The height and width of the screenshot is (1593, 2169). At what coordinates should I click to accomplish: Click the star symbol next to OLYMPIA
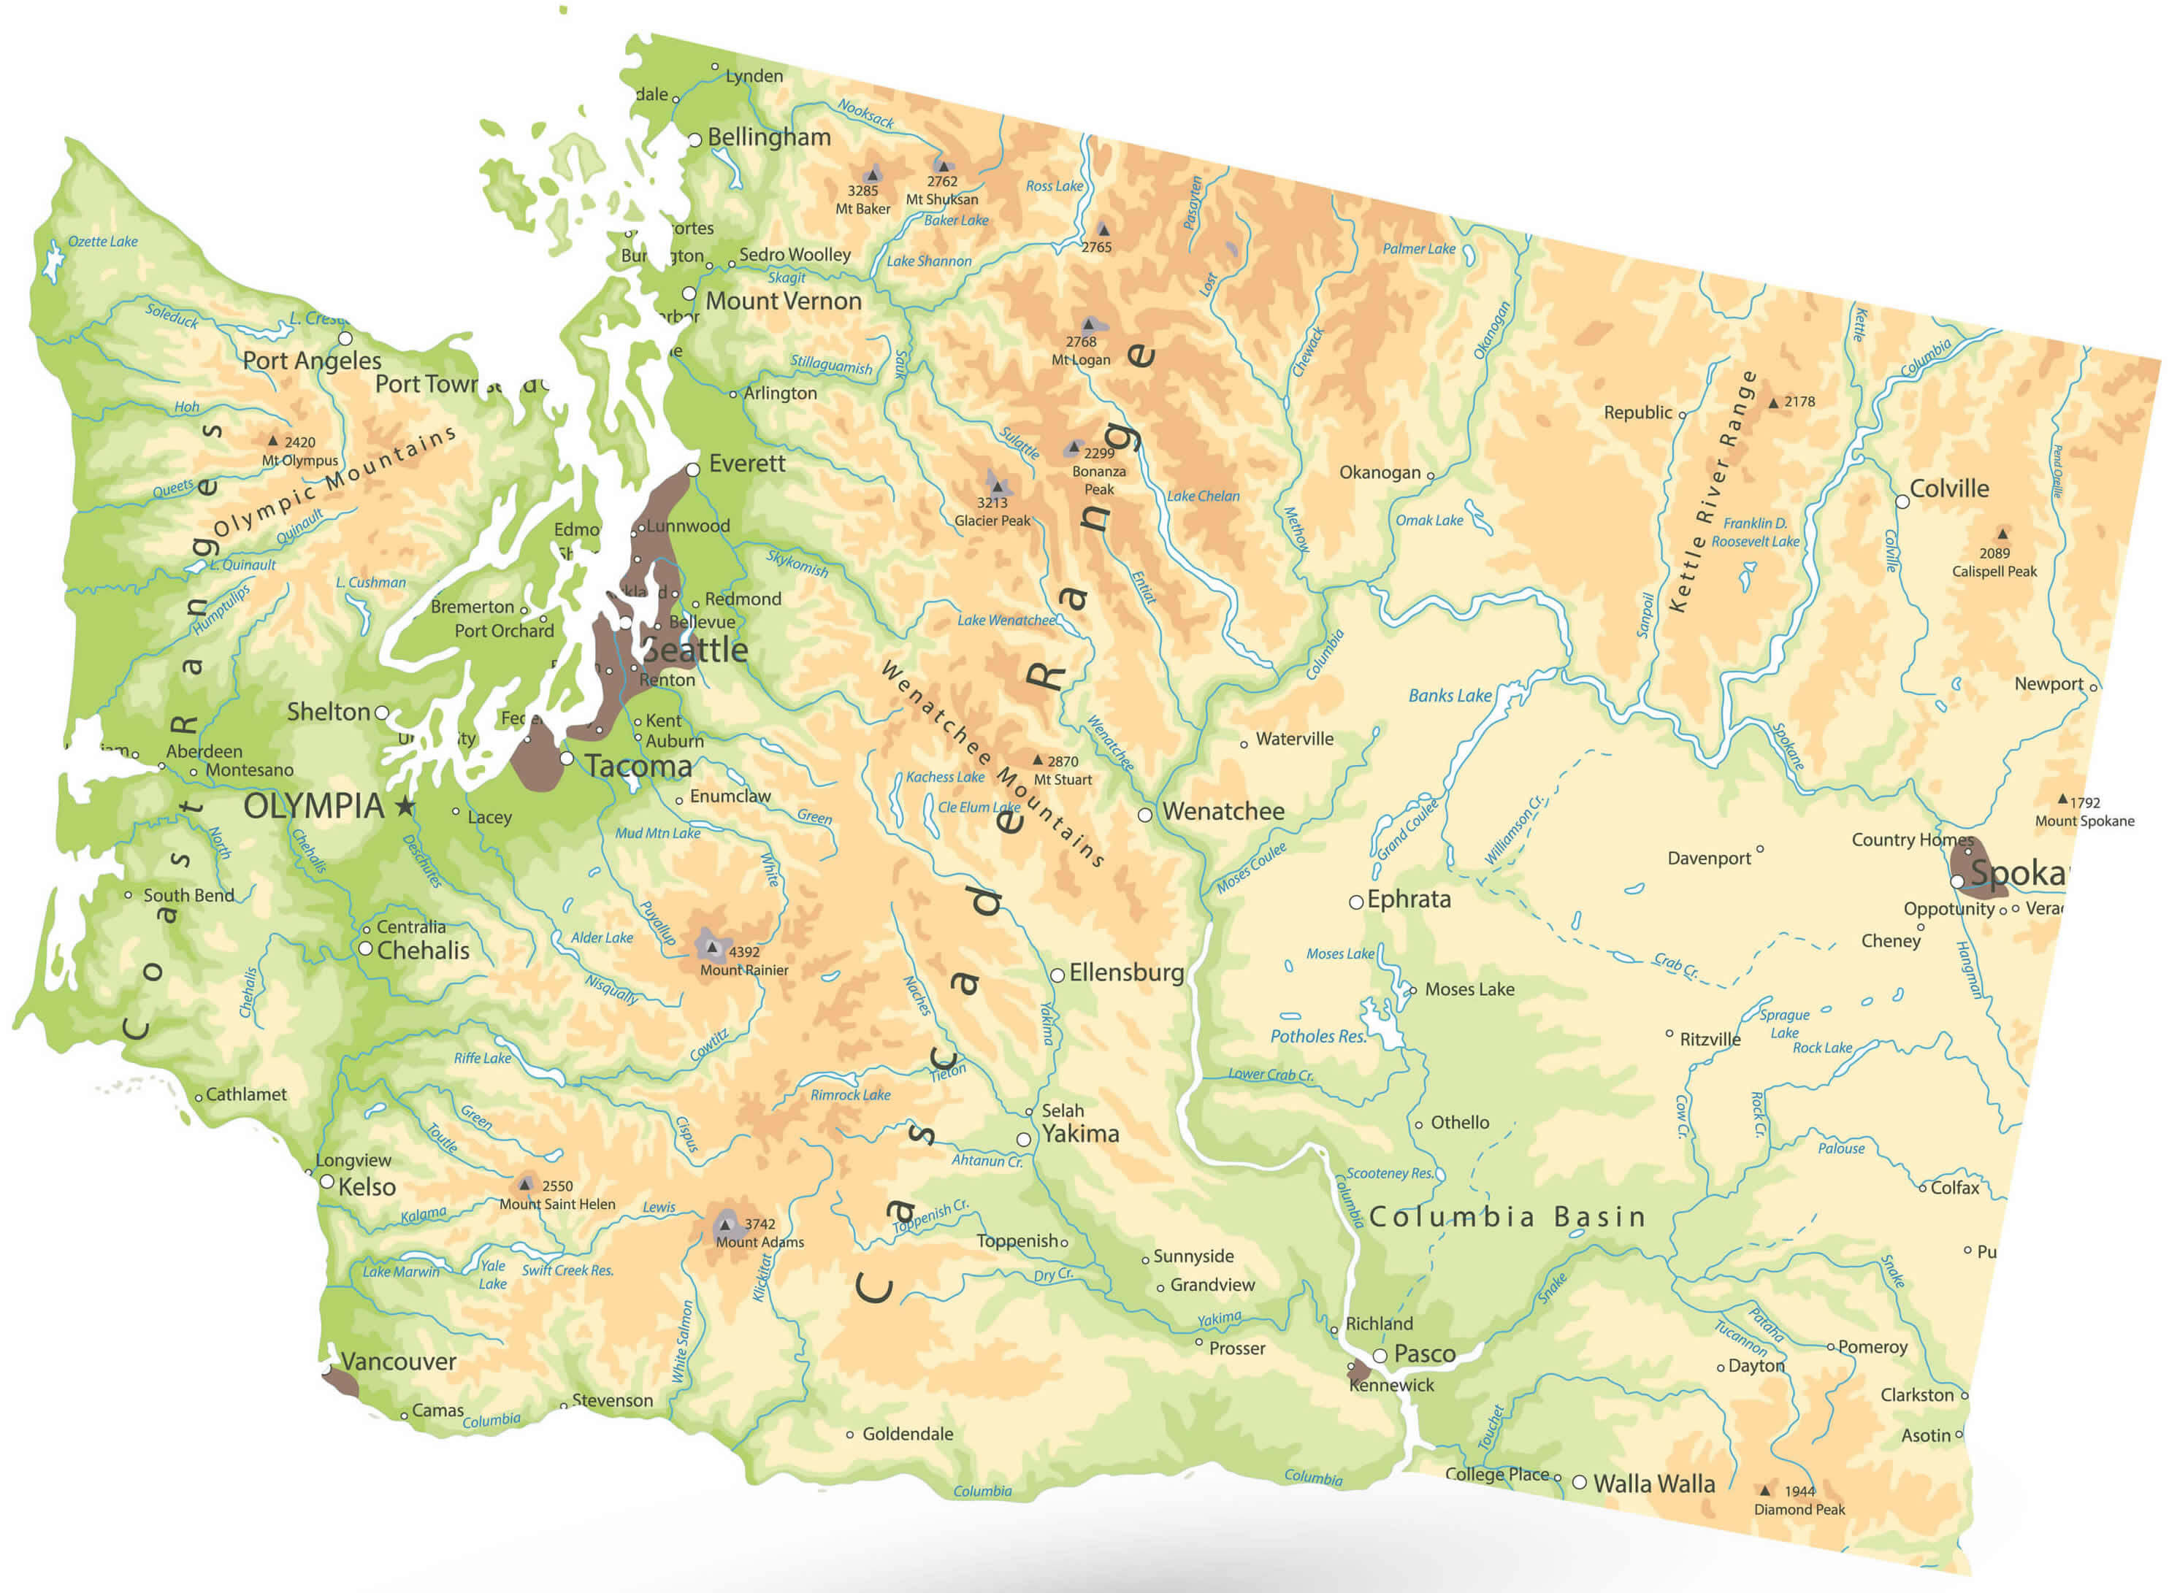pos(405,805)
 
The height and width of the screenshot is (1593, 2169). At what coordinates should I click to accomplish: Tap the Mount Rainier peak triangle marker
pos(713,948)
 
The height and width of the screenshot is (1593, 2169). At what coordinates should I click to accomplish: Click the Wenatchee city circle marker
pos(1145,815)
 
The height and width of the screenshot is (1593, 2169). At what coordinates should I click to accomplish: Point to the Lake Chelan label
pos(1203,496)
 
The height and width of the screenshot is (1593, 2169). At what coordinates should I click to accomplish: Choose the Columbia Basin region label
pos(1507,1217)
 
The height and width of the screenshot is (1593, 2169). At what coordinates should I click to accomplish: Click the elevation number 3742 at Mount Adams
pos(760,1224)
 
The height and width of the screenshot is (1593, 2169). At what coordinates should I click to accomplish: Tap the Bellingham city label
pos(769,137)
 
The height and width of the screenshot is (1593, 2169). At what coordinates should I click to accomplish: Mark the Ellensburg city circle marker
pos(1057,975)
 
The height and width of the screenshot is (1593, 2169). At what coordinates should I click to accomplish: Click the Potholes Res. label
pos(1318,1037)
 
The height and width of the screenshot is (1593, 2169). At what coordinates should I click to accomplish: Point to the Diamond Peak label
pos(1799,1510)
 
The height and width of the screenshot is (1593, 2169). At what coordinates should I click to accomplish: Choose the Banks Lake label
pos(1450,695)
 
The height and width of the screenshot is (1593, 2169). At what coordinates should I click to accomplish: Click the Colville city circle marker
pos(1902,502)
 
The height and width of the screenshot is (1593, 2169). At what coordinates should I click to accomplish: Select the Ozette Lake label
pos(102,241)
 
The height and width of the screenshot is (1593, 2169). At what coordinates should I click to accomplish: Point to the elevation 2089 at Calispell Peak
pos(1994,553)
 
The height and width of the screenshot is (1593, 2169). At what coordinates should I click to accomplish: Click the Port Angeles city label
pos(312,361)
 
